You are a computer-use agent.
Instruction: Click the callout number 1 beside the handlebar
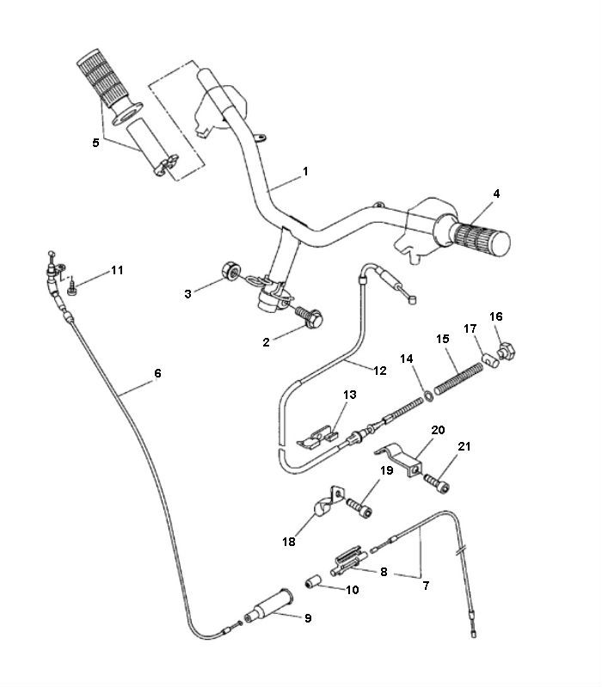304,171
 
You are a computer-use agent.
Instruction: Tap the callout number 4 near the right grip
496,194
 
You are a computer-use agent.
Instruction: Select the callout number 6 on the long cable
157,374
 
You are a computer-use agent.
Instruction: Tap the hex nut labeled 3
230,269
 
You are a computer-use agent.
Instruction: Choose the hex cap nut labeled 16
508,349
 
